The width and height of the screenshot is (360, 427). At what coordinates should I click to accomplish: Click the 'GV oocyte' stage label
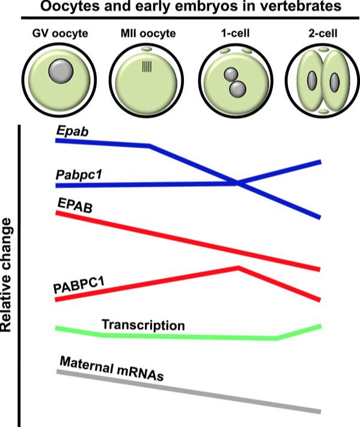tap(60, 34)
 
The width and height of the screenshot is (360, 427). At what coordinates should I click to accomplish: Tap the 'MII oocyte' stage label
tap(148, 34)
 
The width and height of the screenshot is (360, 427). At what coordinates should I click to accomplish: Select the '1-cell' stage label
tap(235, 33)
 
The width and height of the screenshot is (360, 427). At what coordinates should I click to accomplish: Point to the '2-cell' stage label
tap(323, 33)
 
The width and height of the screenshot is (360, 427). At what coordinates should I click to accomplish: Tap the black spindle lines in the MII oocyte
tap(147, 67)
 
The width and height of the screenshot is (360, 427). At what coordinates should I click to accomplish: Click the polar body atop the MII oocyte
tap(147, 49)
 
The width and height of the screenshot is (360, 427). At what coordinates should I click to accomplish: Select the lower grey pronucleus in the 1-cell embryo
tap(237, 89)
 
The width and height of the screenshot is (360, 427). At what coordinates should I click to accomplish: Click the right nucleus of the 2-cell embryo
tap(334, 82)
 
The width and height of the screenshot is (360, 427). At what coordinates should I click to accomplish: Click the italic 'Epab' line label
tap(72, 132)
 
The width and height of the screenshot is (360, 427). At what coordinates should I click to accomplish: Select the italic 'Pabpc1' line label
tap(79, 175)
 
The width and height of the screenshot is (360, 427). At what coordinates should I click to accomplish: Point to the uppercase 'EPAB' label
tap(75, 205)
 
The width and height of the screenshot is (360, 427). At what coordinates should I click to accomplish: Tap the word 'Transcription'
tap(144, 325)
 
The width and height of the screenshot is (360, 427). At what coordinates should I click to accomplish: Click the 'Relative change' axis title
tap(7, 275)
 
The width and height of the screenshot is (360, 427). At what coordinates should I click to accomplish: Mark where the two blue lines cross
tap(237, 183)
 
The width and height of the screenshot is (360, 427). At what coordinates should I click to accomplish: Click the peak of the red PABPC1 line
tap(239, 267)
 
